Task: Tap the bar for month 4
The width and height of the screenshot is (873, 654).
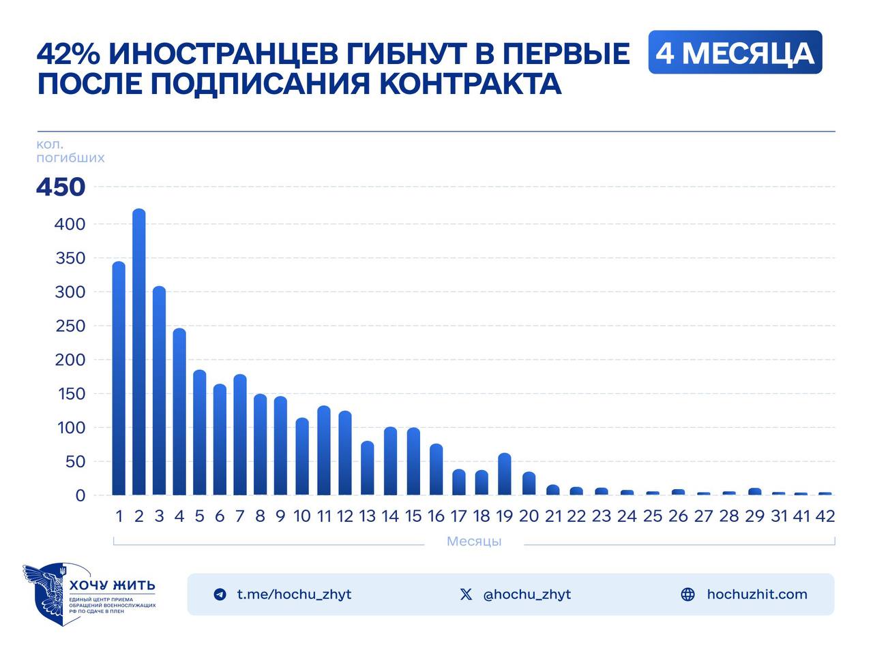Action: [x=179, y=412]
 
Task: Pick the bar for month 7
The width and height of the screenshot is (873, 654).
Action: [x=239, y=435]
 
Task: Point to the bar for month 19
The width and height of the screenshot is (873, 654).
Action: [x=504, y=474]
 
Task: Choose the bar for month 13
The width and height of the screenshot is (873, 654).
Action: [x=367, y=469]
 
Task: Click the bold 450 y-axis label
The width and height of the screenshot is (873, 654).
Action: [x=61, y=187]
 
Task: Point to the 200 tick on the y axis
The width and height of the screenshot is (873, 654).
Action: [x=70, y=360]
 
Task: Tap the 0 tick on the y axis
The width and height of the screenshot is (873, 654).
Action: [x=80, y=496]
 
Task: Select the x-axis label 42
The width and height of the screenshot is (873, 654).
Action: [x=825, y=516]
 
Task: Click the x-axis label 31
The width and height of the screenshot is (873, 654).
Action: [x=780, y=516]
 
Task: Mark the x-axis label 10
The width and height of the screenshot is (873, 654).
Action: [x=301, y=516]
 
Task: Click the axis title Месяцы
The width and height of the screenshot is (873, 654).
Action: [x=474, y=542]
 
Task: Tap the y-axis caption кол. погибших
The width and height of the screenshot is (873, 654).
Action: [x=70, y=151]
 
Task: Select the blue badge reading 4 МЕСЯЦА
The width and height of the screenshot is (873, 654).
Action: [x=735, y=52]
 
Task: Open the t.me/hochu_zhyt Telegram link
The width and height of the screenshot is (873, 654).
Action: [x=294, y=594]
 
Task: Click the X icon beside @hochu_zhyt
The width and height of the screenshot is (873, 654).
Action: [x=466, y=594]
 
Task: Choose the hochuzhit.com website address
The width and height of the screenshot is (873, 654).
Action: [x=756, y=594]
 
